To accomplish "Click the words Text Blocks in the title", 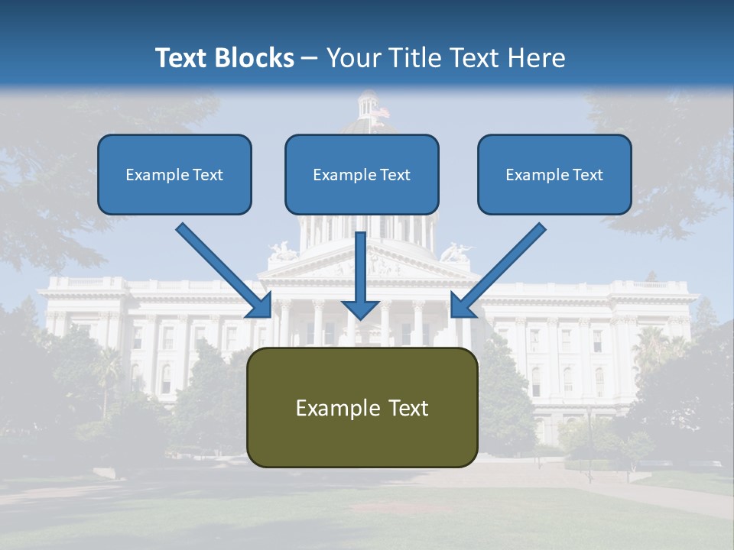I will click(x=224, y=58).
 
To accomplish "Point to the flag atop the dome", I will click(x=380, y=112).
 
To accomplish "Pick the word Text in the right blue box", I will click(x=587, y=175).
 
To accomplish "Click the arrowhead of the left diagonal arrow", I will click(x=260, y=306).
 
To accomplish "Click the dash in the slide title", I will click(x=310, y=58).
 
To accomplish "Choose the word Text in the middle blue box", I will click(x=395, y=175).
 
